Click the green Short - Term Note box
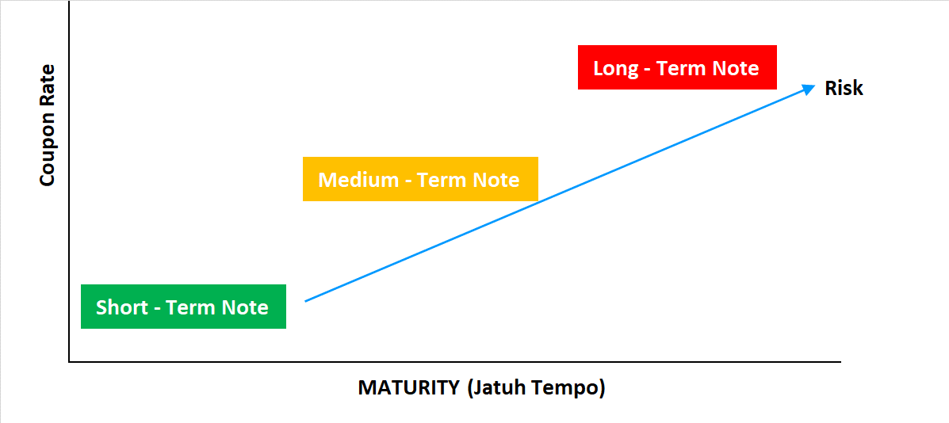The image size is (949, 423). coord(183,307)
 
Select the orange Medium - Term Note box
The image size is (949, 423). coord(420,179)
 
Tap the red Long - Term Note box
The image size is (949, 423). coord(677,67)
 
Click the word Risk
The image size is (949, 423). coord(844,88)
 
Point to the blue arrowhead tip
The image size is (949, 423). coord(816,86)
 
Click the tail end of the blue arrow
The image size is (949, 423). coord(305,300)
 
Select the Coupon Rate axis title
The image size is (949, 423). coord(48,125)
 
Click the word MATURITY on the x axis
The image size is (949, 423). coord(409,387)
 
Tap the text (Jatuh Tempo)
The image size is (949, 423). coord(536,388)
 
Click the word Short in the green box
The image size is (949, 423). coord(121,307)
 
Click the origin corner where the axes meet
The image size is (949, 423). coord(69,362)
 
